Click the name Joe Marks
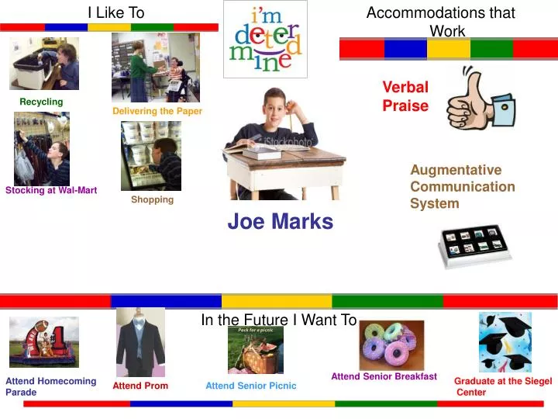[280, 222]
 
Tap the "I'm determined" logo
[265, 39]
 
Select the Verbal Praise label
[405, 96]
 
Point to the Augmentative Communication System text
[462, 187]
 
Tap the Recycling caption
[41, 102]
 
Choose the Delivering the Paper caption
[157, 112]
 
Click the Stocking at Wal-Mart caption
[51, 191]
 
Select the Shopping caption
[152, 200]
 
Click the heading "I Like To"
[115, 12]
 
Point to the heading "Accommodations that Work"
[441, 22]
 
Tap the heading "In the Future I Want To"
[278, 320]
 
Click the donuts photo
[391, 345]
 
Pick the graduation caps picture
[505, 342]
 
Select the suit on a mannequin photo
[140, 343]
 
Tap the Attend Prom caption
[140, 386]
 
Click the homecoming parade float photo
[43, 342]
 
